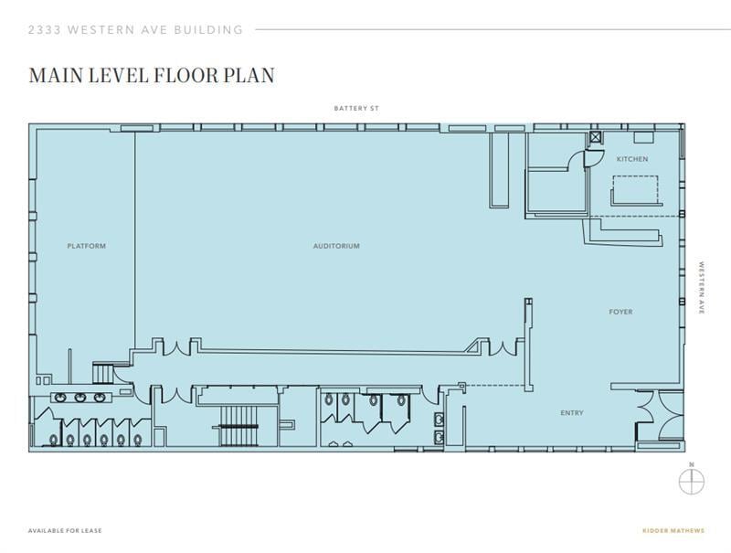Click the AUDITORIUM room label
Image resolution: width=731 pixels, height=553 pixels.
point(336,246)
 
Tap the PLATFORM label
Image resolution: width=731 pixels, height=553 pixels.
point(86,246)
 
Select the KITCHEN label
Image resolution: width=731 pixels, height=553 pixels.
point(631,159)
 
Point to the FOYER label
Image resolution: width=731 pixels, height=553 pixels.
point(620,313)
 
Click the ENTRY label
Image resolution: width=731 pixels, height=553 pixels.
point(572,413)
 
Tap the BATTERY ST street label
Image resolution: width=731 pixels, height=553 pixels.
point(355,109)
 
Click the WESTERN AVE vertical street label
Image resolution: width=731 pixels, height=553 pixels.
point(702,289)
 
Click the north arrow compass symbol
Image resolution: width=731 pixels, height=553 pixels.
point(692,480)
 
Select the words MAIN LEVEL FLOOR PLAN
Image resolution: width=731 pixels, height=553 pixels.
point(152,75)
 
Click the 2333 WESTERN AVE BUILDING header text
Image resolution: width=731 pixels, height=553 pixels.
point(136,29)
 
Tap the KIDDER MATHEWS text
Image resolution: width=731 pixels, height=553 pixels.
point(674,531)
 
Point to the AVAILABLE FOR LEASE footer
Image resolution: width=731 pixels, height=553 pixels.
point(65,531)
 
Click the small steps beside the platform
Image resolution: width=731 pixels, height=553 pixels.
point(103,373)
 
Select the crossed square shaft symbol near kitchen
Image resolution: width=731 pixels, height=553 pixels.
point(596,138)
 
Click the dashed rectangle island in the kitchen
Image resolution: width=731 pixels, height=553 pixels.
point(635,189)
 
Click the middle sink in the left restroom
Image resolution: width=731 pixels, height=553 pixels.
point(80,398)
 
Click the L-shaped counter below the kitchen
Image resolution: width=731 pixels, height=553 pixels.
point(621,234)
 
